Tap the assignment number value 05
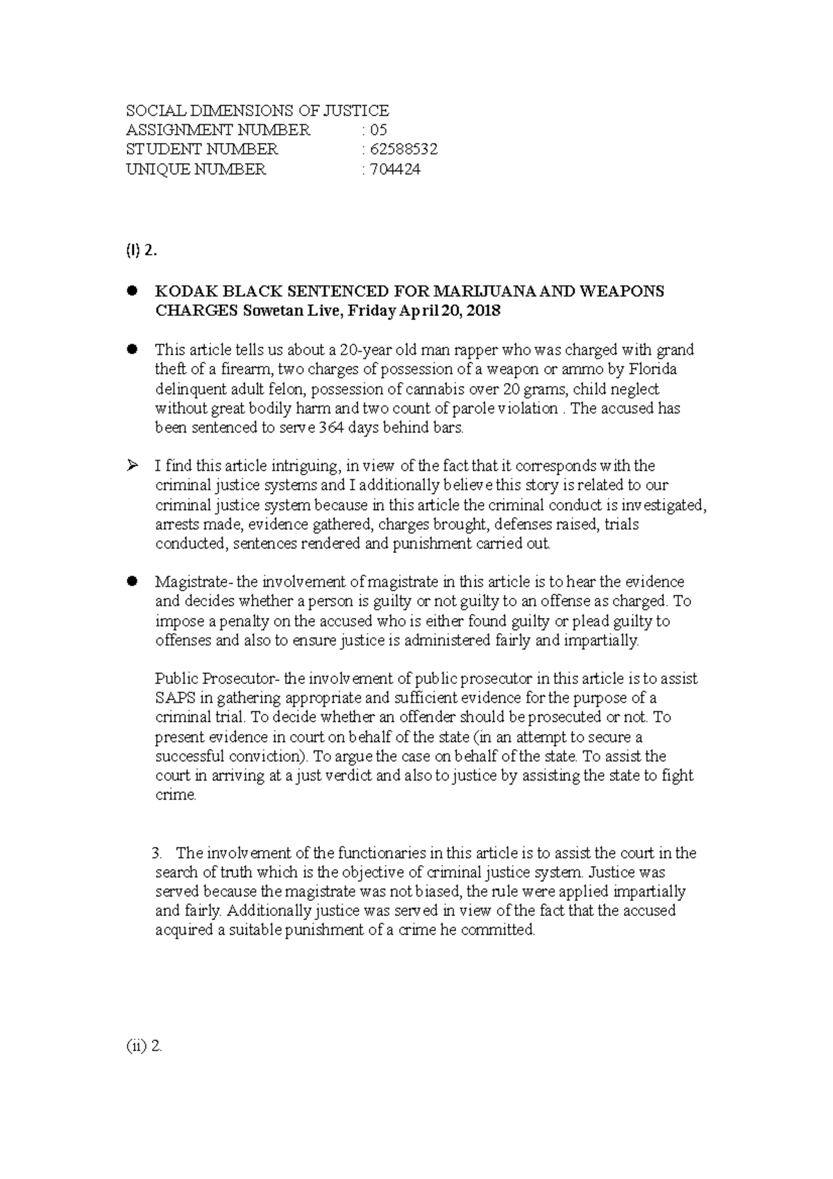[x=378, y=130]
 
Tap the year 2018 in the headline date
[x=483, y=311]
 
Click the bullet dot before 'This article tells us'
[x=131, y=349]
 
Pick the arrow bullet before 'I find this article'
[x=131, y=465]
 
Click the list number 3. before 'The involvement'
[x=156, y=853]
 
